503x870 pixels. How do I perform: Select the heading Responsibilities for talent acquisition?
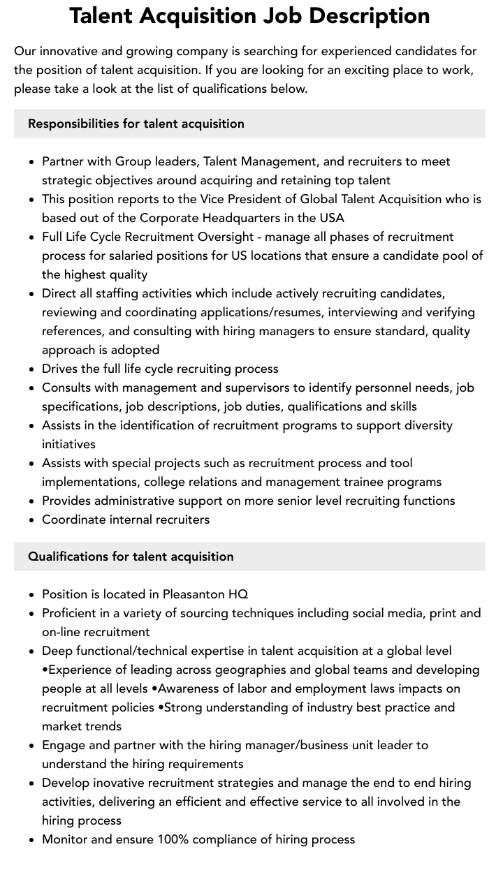[x=136, y=124]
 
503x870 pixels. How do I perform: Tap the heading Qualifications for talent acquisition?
[x=131, y=556]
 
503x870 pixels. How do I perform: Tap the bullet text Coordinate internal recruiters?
[x=126, y=519]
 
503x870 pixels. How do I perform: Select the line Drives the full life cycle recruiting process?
[x=160, y=369]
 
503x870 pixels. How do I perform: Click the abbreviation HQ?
[x=238, y=594]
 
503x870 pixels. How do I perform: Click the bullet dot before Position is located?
[x=31, y=595]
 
